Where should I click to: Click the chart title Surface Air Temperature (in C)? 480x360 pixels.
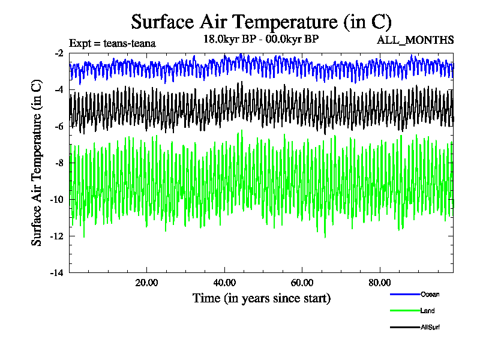click(261, 22)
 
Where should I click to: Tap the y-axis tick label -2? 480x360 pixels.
click(59, 53)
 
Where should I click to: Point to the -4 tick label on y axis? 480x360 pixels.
click(59, 90)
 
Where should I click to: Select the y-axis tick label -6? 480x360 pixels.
click(59, 127)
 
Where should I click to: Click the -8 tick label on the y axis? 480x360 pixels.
click(59, 163)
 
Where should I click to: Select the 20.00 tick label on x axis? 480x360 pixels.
click(146, 283)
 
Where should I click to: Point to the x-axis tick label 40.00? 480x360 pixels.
click(224, 283)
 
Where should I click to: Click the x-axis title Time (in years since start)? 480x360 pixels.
click(261, 298)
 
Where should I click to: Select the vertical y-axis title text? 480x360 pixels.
click(37, 163)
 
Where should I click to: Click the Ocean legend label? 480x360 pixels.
click(430, 294)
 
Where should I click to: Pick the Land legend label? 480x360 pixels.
click(428, 311)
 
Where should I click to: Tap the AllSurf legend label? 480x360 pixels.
click(431, 327)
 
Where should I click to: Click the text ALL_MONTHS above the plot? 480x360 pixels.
click(415, 41)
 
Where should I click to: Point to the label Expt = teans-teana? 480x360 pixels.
click(113, 43)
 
